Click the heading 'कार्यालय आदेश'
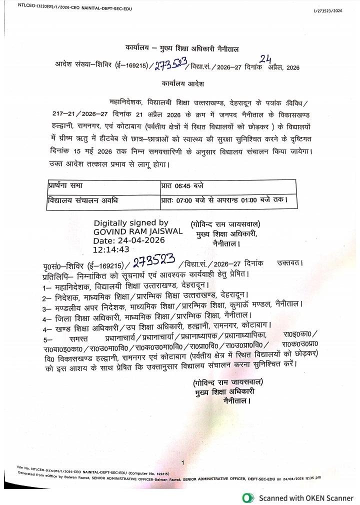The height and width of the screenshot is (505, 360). pos(182,83)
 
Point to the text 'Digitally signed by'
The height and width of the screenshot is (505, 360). pos(131,223)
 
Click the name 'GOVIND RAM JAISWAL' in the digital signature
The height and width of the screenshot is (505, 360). pos(138,232)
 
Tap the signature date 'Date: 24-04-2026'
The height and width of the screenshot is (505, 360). pos(129,240)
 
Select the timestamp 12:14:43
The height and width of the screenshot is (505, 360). pos(111,249)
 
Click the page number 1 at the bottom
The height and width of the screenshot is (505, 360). pos(182,462)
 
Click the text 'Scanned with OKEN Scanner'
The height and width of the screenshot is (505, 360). pos(306,498)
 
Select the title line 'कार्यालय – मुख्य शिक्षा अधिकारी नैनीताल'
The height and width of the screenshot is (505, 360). pos(182,48)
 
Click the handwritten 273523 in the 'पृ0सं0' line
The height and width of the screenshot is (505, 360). pos(153,261)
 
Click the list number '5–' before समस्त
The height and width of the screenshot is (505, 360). pos(47,335)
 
